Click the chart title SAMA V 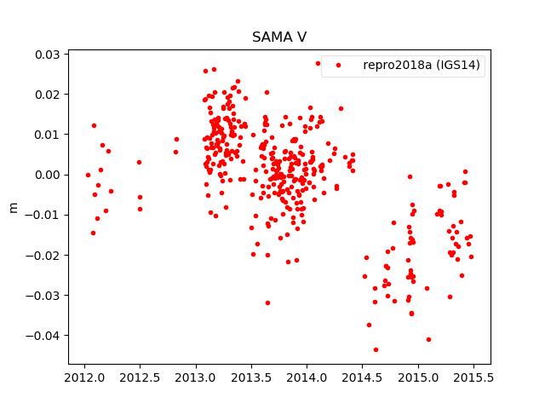(x=279, y=37)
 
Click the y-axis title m (x=13, y=207)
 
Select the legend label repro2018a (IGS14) (x=423, y=65)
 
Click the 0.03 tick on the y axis (x=48, y=55)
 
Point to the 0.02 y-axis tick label (x=48, y=95)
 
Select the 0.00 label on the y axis (x=48, y=175)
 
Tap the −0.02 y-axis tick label (x=44, y=255)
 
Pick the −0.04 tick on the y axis (x=44, y=335)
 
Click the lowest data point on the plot (x=376, y=349)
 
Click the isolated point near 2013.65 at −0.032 (x=267, y=302)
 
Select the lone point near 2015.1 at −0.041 (x=428, y=339)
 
